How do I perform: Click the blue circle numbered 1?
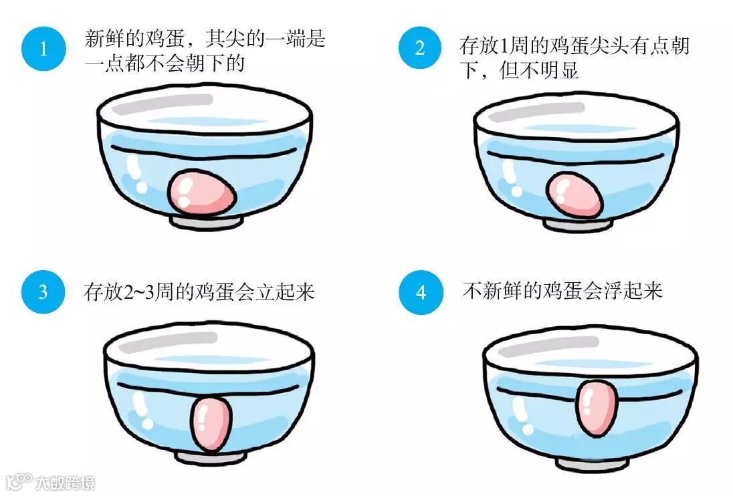[43, 49]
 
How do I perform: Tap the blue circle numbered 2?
[420, 47]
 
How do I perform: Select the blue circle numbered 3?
[43, 291]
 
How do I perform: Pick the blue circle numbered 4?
[421, 292]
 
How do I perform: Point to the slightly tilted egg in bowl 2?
[574, 195]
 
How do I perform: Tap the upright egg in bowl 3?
[211, 424]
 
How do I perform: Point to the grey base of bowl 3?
[211, 458]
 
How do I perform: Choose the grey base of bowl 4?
[593, 464]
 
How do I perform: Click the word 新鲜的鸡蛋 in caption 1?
[134, 38]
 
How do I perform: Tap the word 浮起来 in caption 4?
[633, 291]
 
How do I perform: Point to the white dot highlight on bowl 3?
[148, 424]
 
